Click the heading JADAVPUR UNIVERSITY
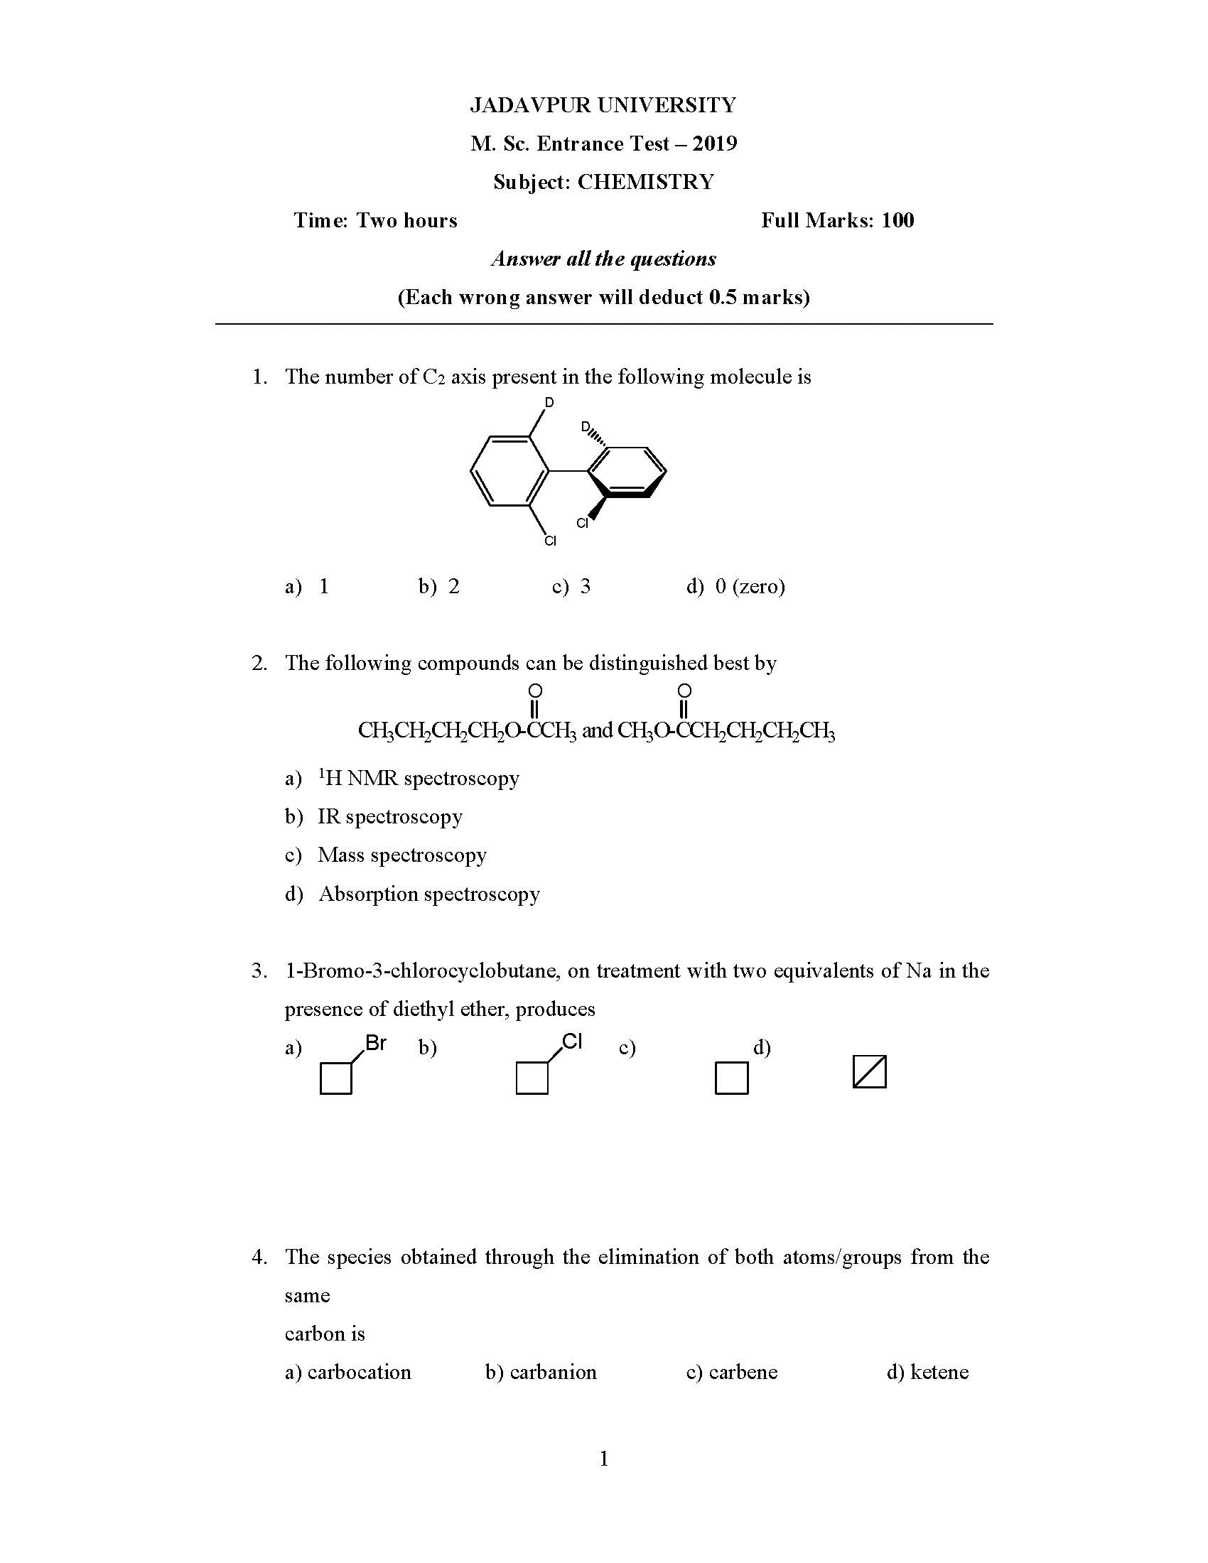click(603, 105)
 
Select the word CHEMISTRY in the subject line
click(645, 182)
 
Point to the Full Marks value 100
click(897, 220)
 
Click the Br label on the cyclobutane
click(376, 1044)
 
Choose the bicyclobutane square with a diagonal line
click(870, 1072)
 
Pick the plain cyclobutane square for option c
click(731, 1078)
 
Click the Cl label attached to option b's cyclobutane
click(572, 1042)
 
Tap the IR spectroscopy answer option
click(390, 816)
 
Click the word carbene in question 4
click(743, 1372)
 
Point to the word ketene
click(939, 1372)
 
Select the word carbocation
click(360, 1372)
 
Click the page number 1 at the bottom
click(603, 1458)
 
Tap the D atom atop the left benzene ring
click(549, 403)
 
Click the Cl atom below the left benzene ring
click(549, 541)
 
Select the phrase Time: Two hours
click(375, 220)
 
